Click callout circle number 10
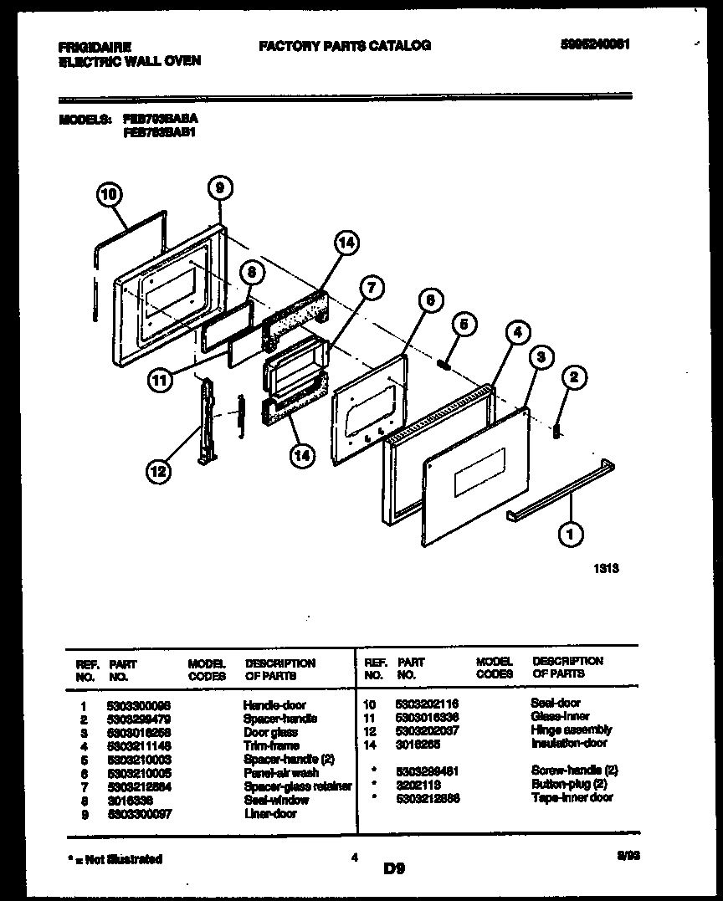(x=108, y=196)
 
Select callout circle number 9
(x=218, y=189)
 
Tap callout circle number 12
(x=157, y=472)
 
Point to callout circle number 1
(x=571, y=532)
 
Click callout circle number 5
(x=465, y=324)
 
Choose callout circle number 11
(x=161, y=380)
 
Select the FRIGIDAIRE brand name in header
(x=95, y=47)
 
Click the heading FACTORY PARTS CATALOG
(x=345, y=45)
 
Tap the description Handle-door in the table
(x=274, y=704)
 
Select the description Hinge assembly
(x=571, y=730)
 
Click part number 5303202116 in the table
(x=427, y=704)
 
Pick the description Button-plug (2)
(x=568, y=784)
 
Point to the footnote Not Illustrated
(x=114, y=858)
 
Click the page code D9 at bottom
(x=394, y=869)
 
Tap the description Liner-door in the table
(x=269, y=813)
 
